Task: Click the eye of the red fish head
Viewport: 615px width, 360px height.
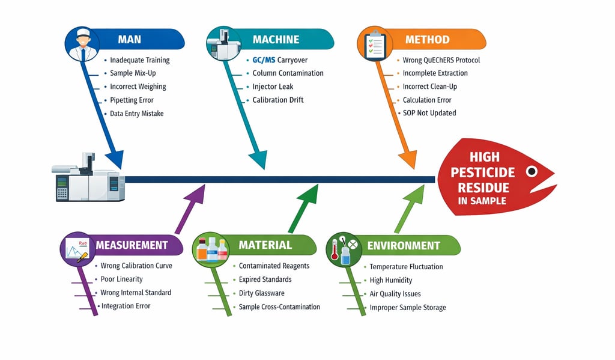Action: pos(531,171)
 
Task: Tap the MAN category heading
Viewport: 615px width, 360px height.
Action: pos(130,40)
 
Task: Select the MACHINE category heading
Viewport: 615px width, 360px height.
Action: pos(276,40)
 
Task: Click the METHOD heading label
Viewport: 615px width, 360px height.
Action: pos(427,40)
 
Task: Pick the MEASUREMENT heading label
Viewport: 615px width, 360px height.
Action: pos(132,245)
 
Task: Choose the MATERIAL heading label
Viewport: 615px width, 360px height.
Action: pos(265,245)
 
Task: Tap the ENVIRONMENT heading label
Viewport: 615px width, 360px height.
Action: pos(404,246)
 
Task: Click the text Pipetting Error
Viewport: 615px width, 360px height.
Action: pos(132,100)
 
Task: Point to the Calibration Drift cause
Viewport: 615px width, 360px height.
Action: pos(278,100)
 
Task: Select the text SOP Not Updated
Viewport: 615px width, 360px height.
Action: pos(429,113)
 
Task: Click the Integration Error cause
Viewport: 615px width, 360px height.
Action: pos(126,307)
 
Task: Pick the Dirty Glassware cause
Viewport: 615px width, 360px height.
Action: pos(261,293)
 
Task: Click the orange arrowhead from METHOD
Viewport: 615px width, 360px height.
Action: pos(408,159)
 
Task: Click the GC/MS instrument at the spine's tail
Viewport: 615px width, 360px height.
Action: pos(88,178)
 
